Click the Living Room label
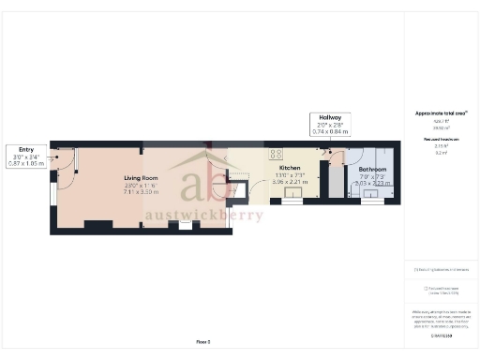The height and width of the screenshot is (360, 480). coord(142,177)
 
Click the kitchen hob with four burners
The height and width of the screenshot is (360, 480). coord(277,154)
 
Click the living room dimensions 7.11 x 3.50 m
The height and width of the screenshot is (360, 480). coord(142,192)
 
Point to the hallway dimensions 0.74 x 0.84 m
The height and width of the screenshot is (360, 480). coord(329,132)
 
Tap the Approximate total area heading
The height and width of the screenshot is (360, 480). coord(442,113)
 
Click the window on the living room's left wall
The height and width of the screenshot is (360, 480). coord(52,191)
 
